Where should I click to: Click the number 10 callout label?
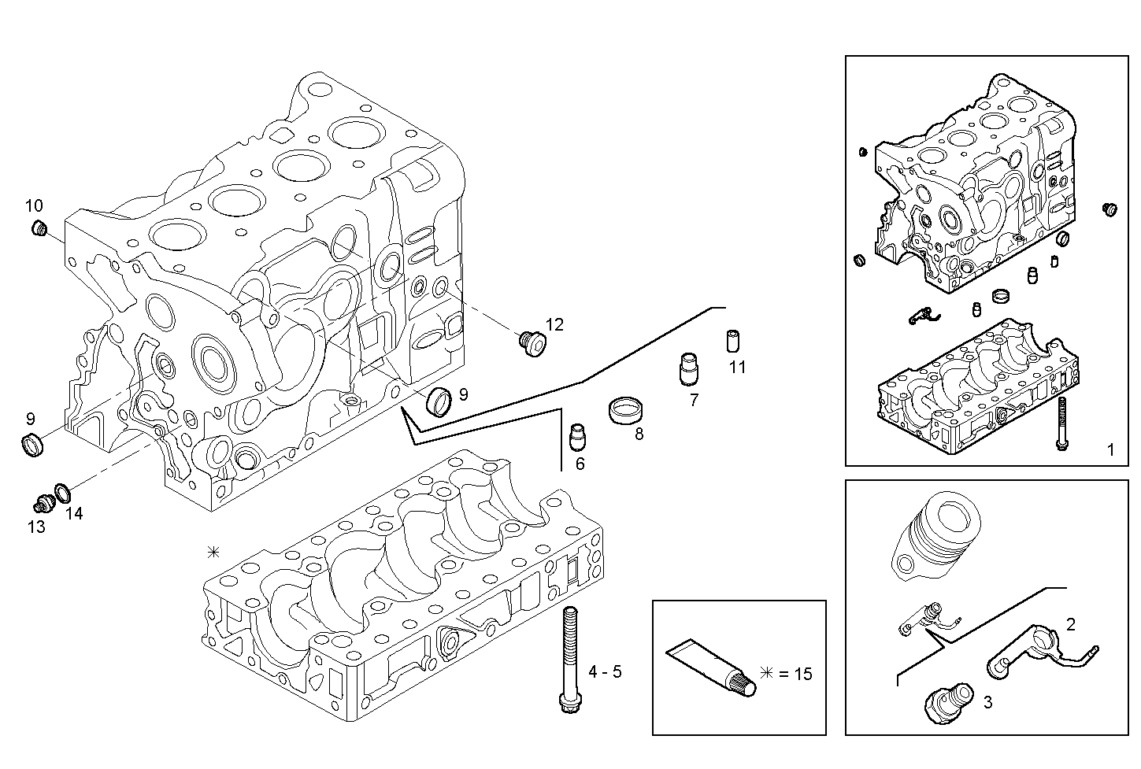click(x=33, y=206)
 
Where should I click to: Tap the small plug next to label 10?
click(x=39, y=229)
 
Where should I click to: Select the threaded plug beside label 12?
click(x=533, y=342)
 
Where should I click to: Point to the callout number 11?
click(x=736, y=367)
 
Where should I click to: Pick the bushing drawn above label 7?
click(x=689, y=368)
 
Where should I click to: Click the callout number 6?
click(x=580, y=464)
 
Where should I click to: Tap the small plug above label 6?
click(x=578, y=434)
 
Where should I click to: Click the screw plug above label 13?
click(x=43, y=502)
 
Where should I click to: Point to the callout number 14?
click(x=73, y=513)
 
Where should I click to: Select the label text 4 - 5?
click(x=605, y=671)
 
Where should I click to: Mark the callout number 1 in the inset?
click(x=1110, y=450)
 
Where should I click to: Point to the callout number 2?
click(x=1070, y=625)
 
